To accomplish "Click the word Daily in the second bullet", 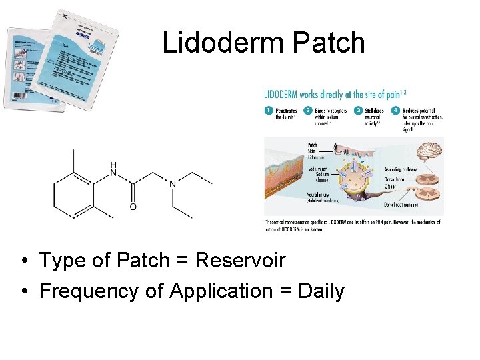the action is (322, 291).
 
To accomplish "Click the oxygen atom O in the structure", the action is (133, 207).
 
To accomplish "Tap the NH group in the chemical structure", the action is (113, 169).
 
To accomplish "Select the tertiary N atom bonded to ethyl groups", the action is (172, 183).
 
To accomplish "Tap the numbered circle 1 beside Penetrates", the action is (269, 110).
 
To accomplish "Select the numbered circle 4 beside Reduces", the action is (396, 110).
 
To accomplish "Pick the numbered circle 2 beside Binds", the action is (308, 110).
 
